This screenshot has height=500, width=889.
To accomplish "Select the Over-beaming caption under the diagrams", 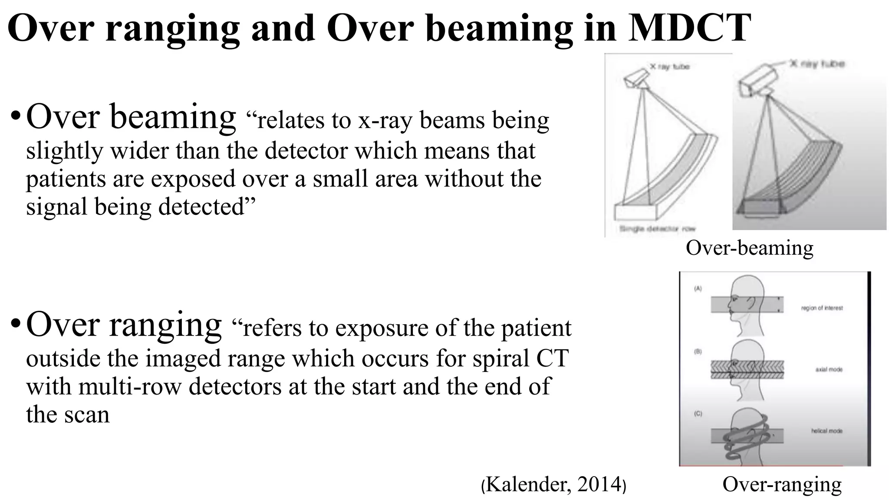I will point(749,248).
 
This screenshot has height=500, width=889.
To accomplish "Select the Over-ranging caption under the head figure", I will point(782,484).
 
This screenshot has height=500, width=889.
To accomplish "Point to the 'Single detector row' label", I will point(657,229).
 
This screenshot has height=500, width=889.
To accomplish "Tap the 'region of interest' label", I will point(822,308).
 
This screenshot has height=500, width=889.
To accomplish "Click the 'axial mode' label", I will point(829,369).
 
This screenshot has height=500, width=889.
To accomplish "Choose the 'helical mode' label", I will point(826,431).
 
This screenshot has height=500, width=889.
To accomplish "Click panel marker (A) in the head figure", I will point(698,289).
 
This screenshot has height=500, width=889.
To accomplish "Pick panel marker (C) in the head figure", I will point(698,413).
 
